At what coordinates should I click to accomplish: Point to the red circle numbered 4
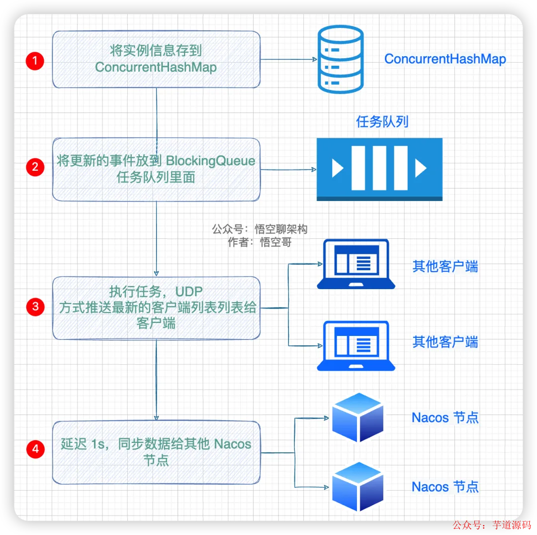35,449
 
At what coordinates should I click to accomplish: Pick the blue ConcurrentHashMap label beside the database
445,59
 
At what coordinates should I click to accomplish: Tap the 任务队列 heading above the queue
382,121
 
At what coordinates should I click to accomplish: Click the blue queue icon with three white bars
379,169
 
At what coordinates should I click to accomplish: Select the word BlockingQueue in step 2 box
211,161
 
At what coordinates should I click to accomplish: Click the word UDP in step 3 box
189,291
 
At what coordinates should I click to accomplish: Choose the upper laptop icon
356,264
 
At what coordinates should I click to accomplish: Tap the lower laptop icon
356,346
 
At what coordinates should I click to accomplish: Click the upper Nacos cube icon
358,418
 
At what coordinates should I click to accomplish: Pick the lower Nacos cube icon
358,486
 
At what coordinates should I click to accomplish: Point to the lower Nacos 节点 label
445,487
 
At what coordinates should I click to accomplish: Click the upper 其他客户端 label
445,267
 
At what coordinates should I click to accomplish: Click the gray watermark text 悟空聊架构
281,229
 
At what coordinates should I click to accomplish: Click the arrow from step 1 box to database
288,60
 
